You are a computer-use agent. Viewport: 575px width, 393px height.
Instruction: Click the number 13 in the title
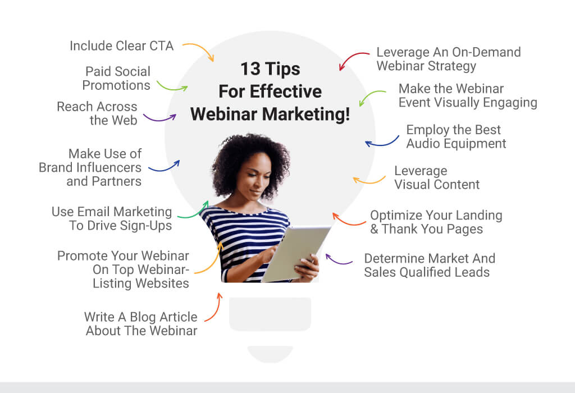250,69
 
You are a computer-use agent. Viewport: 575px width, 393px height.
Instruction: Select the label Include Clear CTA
122,46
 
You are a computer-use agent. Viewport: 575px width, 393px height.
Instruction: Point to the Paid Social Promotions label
117,78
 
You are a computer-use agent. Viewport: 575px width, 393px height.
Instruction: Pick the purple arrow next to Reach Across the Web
159,118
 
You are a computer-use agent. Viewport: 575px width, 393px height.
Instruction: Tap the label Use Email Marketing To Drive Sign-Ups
112,218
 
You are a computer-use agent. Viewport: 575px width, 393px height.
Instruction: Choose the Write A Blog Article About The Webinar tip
141,324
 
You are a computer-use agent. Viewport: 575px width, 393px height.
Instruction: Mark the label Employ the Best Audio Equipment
456,137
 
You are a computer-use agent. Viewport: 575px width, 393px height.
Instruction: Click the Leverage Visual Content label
437,177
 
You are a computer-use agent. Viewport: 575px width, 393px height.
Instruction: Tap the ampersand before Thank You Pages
374,229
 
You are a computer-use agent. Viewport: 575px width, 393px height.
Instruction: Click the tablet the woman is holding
295,253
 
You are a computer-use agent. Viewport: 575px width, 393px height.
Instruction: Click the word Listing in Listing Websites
112,284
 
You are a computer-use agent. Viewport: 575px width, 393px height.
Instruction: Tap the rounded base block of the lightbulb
270,314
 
